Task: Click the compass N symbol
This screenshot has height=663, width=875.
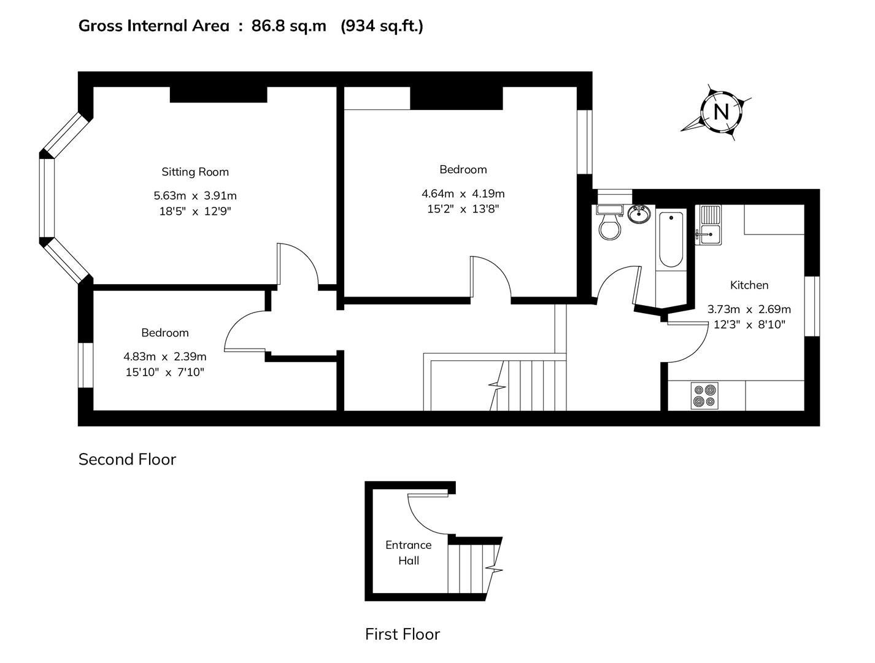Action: click(x=721, y=112)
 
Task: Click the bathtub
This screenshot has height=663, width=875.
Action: click(x=671, y=239)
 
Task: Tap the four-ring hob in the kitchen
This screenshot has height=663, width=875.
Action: click(x=704, y=395)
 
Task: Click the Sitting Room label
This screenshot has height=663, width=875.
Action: click(x=195, y=172)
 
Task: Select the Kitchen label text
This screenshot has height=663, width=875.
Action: click(x=749, y=285)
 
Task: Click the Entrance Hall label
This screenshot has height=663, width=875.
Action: click(x=408, y=552)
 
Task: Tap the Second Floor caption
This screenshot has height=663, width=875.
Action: click(x=127, y=459)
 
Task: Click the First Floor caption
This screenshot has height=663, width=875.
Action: click(x=403, y=634)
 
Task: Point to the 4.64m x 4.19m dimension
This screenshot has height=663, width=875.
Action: click(x=463, y=193)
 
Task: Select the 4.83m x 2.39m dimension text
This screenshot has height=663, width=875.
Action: click(x=164, y=357)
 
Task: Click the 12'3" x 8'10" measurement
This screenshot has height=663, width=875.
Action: click(x=749, y=325)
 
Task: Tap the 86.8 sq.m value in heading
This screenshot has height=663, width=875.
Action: click(x=289, y=26)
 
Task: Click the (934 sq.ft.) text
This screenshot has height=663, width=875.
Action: click(x=382, y=26)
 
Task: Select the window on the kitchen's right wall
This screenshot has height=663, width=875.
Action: click(x=812, y=306)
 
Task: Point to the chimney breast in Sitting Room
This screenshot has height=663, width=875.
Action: click(x=218, y=95)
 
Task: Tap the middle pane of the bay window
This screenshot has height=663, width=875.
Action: click(x=47, y=198)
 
